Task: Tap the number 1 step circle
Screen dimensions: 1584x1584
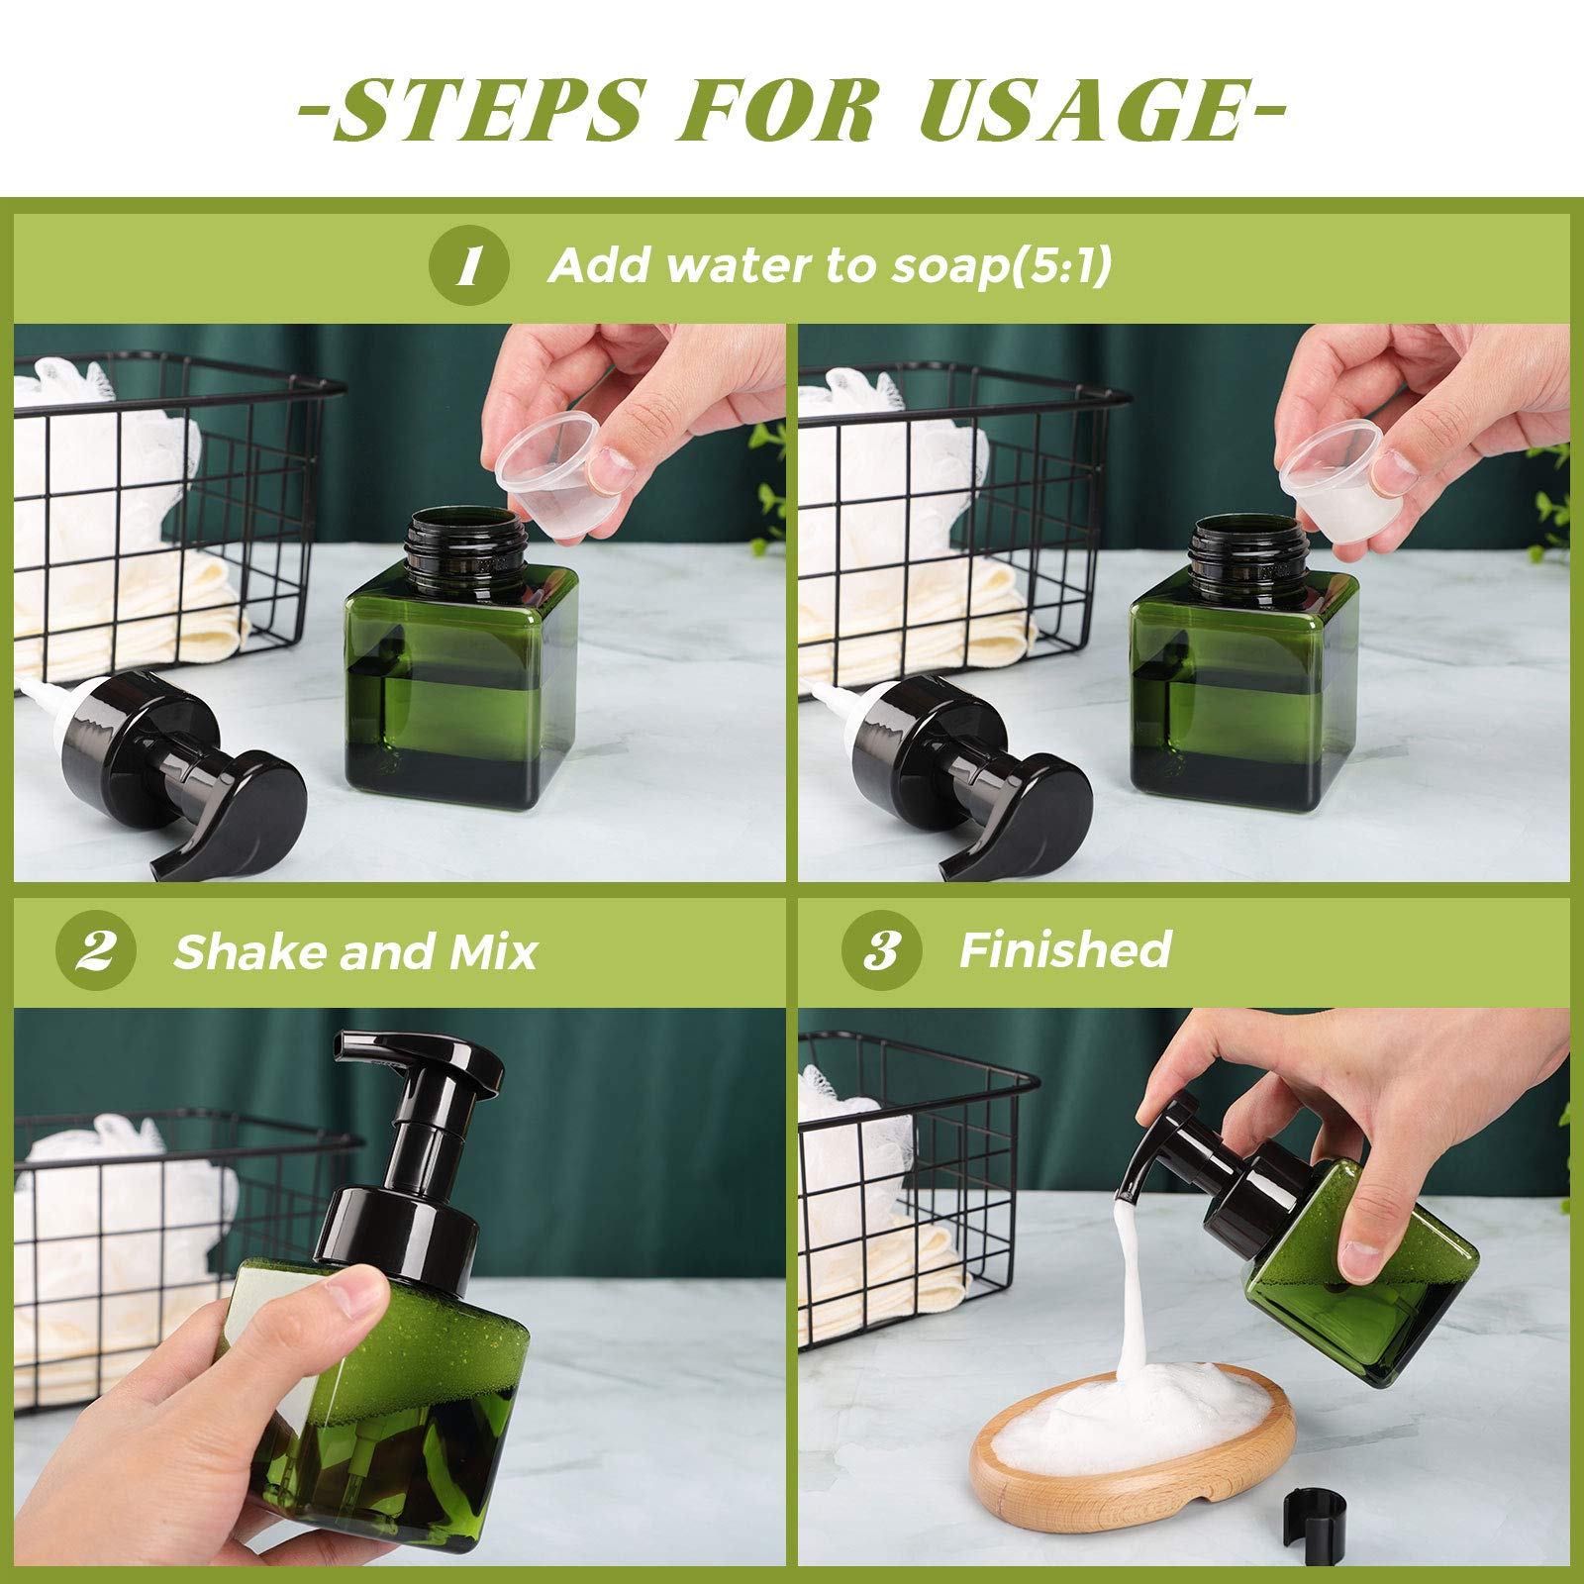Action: click(469, 265)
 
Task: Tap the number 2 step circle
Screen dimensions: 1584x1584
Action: click(95, 950)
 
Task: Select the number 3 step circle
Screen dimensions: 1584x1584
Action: click(880, 950)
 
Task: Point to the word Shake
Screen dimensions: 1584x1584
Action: click(247, 951)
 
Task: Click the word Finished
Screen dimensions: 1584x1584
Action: click(1065, 949)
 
